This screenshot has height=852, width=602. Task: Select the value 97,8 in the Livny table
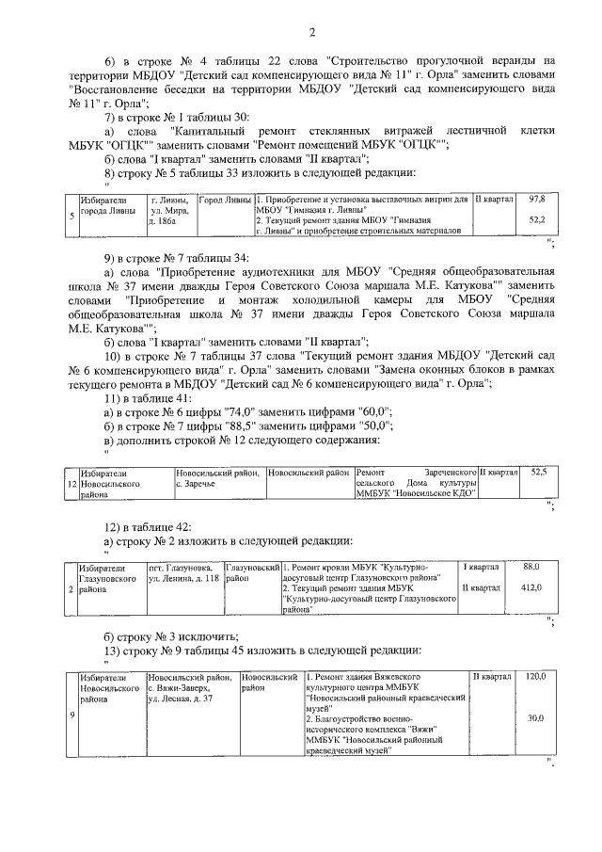coord(537,200)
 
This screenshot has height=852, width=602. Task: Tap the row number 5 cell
coord(73,215)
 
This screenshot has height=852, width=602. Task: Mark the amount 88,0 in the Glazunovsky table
coord(531,567)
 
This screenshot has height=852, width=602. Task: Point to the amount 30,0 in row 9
coord(535,718)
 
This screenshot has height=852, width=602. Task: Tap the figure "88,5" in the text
coord(246,427)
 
